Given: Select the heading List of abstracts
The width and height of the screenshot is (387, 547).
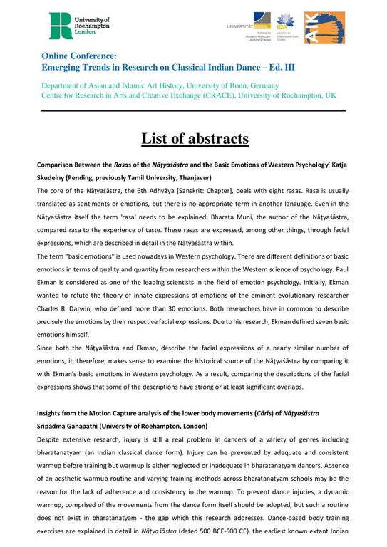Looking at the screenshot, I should point(193,137).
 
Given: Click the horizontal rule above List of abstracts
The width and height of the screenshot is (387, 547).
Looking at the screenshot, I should point(193,111).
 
